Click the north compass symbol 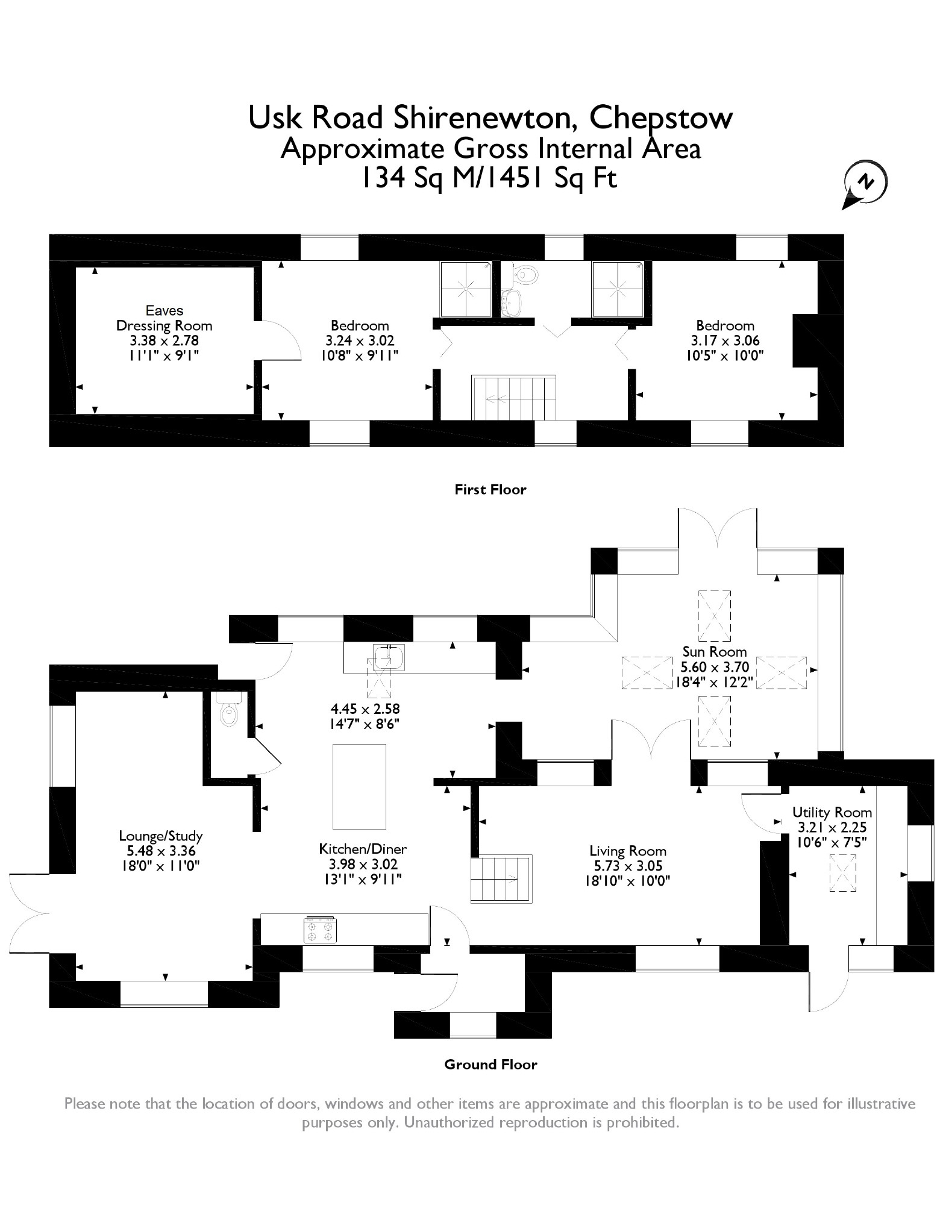(x=865, y=183)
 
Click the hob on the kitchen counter (x=321, y=930)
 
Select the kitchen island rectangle (x=359, y=786)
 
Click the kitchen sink (x=388, y=657)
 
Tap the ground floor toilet (x=230, y=712)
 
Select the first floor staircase (x=514, y=398)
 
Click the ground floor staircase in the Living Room (x=501, y=878)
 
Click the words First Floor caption (x=490, y=489)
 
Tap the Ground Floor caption (x=490, y=1065)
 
